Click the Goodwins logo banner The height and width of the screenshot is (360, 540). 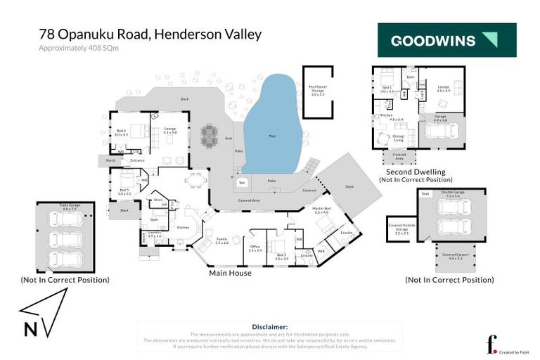coord(446,40)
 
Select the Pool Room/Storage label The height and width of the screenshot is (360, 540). coord(317,90)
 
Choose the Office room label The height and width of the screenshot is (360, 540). coord(255,247)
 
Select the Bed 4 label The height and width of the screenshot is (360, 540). coord(122,133)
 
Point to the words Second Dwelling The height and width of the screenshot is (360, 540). coord(416,172)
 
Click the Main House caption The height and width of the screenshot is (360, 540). coord(230,273)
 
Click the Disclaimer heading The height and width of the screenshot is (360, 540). coord(269,327)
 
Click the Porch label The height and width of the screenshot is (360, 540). coord(110,160)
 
